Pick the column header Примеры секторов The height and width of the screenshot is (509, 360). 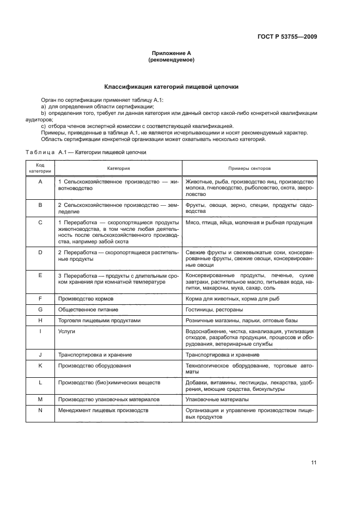click(x=249, y=169)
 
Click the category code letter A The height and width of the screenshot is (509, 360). click(x=40, y=181)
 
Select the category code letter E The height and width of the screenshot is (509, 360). click(x=40, y=276)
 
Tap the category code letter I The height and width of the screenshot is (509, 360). click(x=40, y=331)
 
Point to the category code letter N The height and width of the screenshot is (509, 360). click(x=40, y=409)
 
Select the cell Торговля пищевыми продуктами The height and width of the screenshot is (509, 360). click(x=91, y=320)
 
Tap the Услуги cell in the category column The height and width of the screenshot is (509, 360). click(x=66, y=331)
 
